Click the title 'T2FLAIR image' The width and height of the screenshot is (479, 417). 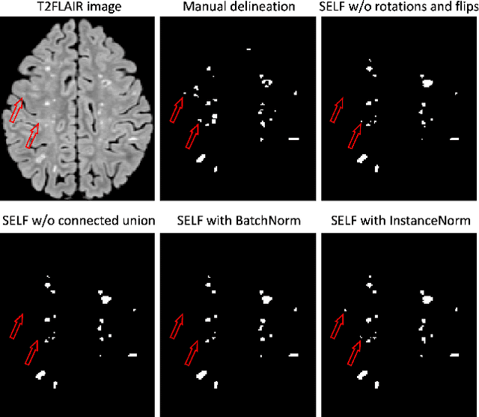pos(78,8)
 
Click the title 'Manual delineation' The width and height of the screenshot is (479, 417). pos(237,8)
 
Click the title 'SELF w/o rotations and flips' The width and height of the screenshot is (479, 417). pos(397,8)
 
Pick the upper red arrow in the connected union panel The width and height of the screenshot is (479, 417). pos(16,326)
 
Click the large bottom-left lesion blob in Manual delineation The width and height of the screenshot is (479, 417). pos(201,158)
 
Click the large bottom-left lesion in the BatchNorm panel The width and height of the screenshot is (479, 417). pos(201,374)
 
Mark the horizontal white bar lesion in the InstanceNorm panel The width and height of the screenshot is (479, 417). pos(454,355)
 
